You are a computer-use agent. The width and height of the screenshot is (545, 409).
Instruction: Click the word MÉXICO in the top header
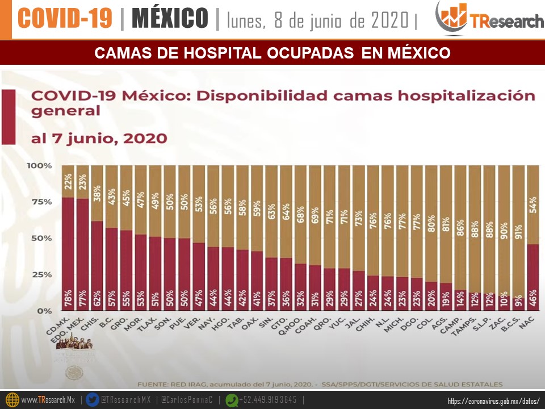point(170,19)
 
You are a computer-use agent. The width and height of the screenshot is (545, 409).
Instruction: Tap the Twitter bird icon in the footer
point(92,400)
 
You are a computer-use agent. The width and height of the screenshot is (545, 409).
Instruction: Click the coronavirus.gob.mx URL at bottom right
point(493,401)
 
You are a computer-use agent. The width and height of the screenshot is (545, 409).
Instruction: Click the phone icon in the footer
point(231,400)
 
